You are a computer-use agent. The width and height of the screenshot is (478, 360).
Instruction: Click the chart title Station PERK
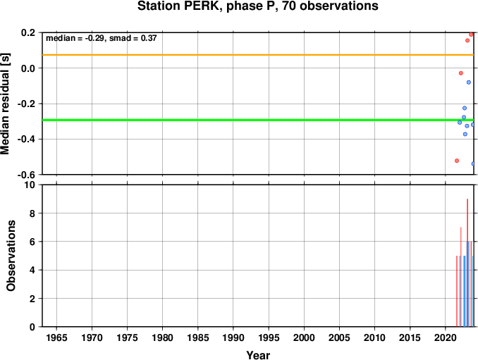(x=258, y=6)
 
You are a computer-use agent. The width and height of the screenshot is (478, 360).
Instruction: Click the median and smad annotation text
(x=102, y=38)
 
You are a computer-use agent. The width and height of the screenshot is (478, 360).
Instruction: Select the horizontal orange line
(x=258, y=55)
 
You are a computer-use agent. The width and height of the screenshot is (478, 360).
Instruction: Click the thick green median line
(x=258, y=120)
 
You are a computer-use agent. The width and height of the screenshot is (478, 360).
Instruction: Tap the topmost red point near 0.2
(x=471, y=35)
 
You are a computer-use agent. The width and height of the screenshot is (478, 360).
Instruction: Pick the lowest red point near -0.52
(x=457, y=161)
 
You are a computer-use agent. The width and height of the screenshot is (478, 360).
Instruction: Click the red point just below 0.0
(x=461, y=73)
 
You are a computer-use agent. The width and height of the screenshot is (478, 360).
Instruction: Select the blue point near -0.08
(x=469, y=82)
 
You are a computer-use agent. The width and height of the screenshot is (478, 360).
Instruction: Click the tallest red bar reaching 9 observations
(x=467, y=263)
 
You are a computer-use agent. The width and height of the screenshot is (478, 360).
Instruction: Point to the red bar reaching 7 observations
(x=461, y=277)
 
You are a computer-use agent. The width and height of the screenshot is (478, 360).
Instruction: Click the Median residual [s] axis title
(x=5, y=104)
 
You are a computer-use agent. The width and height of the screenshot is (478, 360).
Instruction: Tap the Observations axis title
(x=11, y=256)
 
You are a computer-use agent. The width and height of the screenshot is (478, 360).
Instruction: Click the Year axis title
(x=258, y=355)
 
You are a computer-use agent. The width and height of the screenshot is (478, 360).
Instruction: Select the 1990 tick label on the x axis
(x=233, y=337)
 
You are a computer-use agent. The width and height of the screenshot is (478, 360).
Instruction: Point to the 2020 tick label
(x=446, y=337)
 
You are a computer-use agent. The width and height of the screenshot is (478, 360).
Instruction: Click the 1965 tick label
(x=56, y=337)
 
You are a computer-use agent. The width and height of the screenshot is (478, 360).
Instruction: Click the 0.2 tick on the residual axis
(x=28, y=32)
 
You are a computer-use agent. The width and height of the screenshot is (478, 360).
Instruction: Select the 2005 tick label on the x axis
(x=339, y=337)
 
